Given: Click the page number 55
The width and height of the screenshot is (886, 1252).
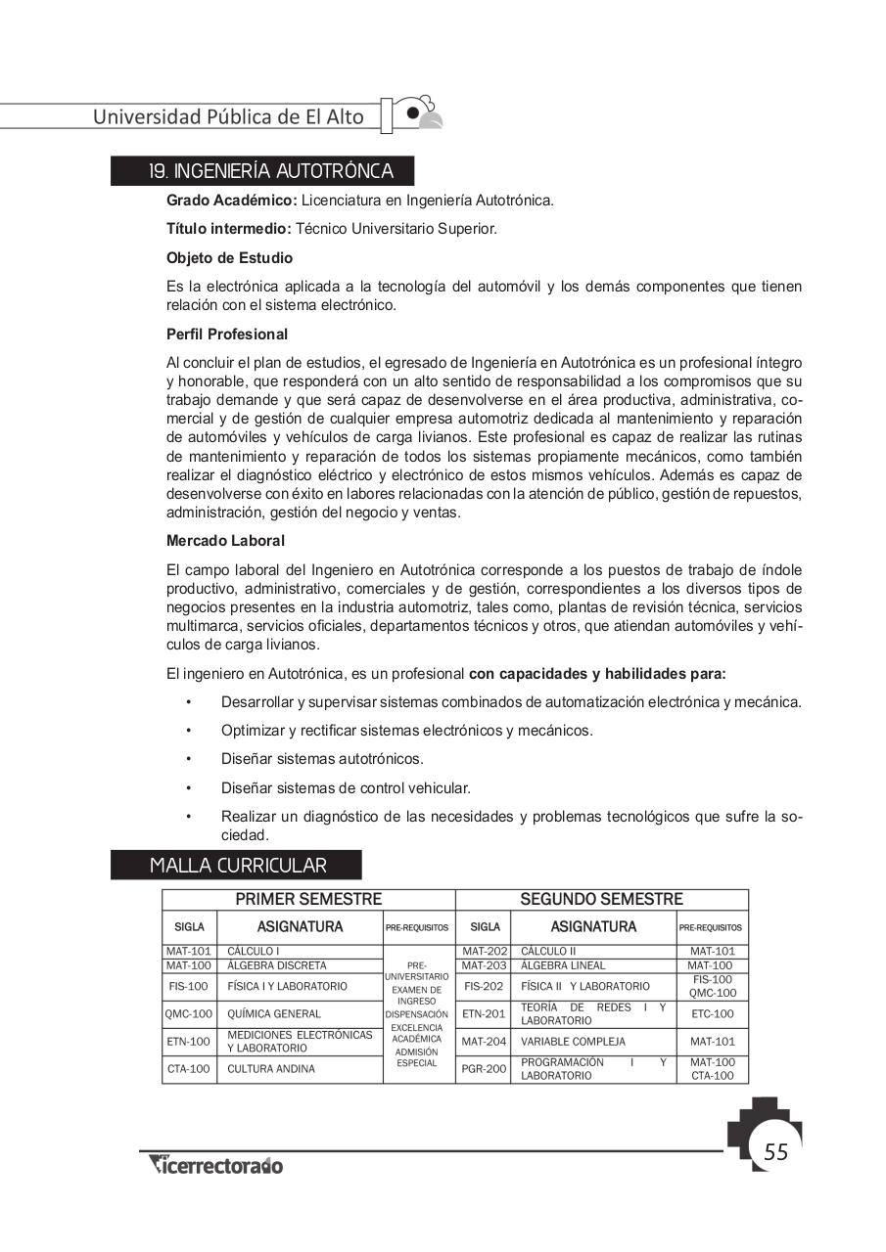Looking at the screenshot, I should [x=775, y=1151].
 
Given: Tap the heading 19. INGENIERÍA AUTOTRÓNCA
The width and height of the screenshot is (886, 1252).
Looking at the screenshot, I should [x=270, y=172].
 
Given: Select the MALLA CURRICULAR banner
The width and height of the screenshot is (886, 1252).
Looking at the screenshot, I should [x=238, y=866].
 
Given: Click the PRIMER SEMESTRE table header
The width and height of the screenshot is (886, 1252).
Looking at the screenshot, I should [x=308, y=899].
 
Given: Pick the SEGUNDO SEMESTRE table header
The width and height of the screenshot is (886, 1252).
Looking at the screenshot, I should [x=601, y=899].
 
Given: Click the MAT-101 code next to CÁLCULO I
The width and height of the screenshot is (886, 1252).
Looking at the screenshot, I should [x=189, y=951].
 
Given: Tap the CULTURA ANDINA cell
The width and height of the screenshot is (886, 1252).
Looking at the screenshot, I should [x=271, y=1069].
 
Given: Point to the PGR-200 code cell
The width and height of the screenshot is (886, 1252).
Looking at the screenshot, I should [x=484, y=1069].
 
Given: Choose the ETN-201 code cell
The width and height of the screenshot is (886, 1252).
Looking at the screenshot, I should [x=484, y=1014].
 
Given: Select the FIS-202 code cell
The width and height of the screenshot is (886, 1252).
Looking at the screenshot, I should [x=484, y=986].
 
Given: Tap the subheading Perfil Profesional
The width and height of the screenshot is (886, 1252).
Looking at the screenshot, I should [x=227, y=334].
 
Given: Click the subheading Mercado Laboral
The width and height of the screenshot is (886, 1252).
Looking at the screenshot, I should [x=225, y=540].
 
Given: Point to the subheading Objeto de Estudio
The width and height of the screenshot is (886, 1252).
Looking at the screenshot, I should [x=229, y=258].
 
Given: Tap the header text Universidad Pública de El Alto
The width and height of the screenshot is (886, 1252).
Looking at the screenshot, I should [x=228, y=117].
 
